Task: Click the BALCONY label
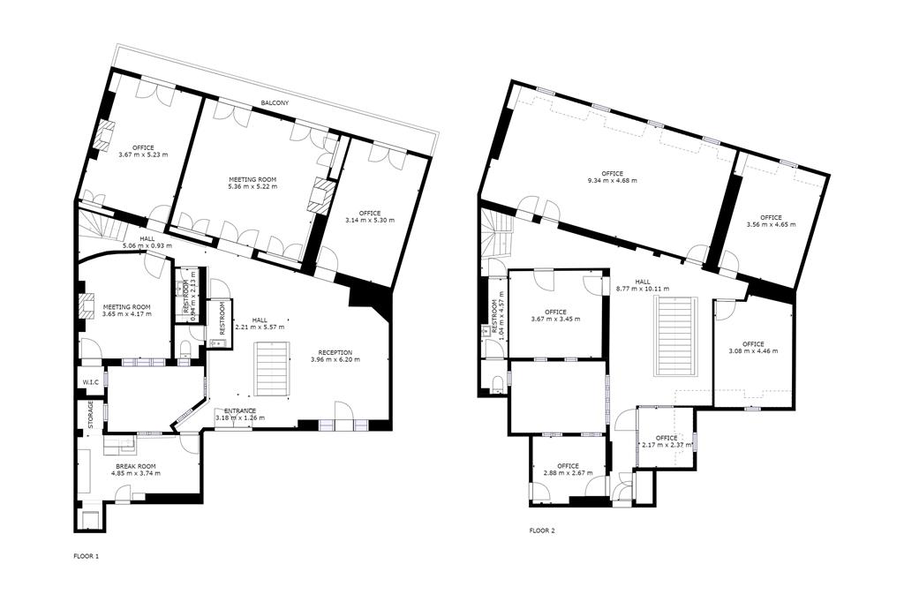point(275,103)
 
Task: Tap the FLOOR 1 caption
point(87,557)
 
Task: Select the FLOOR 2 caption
point(542,531)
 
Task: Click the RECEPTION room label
point(335,352)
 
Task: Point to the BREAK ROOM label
point(136,466)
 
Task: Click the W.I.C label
point(91,381)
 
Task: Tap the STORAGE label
point(91,415)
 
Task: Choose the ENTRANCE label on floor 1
point(240,410)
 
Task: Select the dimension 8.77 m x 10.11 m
point(643,289)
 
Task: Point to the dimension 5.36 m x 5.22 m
point(252,186)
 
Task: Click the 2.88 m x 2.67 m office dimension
point(568,473)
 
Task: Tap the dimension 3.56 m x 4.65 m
point(771,225)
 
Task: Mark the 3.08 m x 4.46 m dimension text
point(753,351)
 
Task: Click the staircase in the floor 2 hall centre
point(675,337)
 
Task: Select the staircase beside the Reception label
point(272,368)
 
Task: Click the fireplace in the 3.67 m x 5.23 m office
point(104,136)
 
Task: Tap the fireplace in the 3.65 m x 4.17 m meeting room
point(86,306)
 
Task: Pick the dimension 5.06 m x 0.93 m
point(147,245)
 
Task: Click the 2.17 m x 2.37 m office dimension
point(667,445)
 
